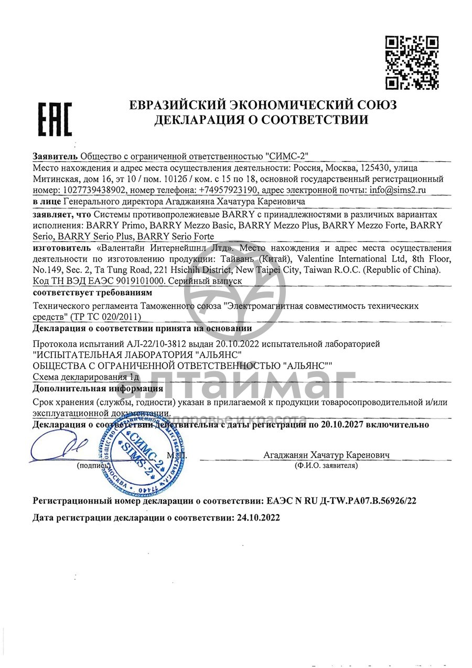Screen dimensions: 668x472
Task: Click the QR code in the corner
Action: [412, 62]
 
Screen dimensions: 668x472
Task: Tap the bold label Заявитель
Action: [55, 156]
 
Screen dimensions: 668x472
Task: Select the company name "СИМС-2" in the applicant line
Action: [286, 156]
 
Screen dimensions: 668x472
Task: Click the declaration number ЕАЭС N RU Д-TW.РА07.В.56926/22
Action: [338, 501]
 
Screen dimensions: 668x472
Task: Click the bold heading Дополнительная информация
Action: [98, 389]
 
